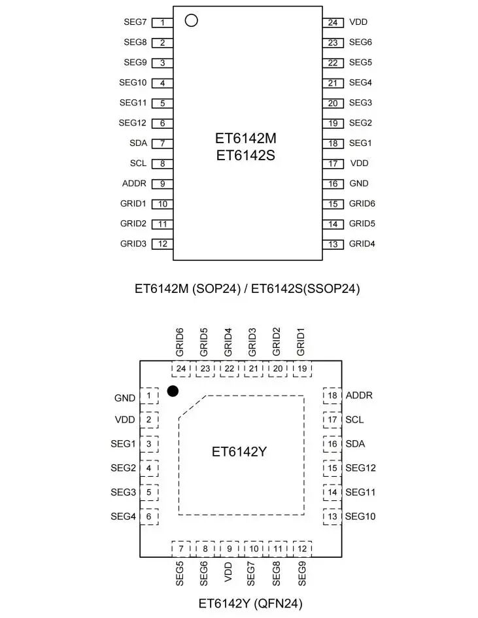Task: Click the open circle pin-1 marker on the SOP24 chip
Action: (191, 20)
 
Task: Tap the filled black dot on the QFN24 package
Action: (173, 391)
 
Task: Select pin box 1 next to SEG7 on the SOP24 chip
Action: (162, 22)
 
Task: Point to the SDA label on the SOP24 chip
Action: (138, 143)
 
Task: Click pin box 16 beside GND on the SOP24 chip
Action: (333, 184)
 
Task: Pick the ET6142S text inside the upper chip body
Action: (246, 157)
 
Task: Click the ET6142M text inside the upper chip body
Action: (246, 139)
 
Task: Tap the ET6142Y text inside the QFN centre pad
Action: (239, 452)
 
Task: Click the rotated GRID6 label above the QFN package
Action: (180, 343)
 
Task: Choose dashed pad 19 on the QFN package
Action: (301, 369)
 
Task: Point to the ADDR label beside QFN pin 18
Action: (359, 396)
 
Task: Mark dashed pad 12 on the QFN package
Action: (301, 549)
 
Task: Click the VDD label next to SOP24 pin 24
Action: (358, 22)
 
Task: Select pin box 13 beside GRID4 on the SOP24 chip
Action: (333, 245)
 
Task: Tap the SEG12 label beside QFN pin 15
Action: (360, 468)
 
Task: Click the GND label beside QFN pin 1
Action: (125, 398)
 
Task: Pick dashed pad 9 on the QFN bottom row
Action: (229, 549)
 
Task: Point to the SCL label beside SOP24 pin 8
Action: (138, 163)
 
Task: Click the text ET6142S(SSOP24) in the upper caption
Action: (305, 288)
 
